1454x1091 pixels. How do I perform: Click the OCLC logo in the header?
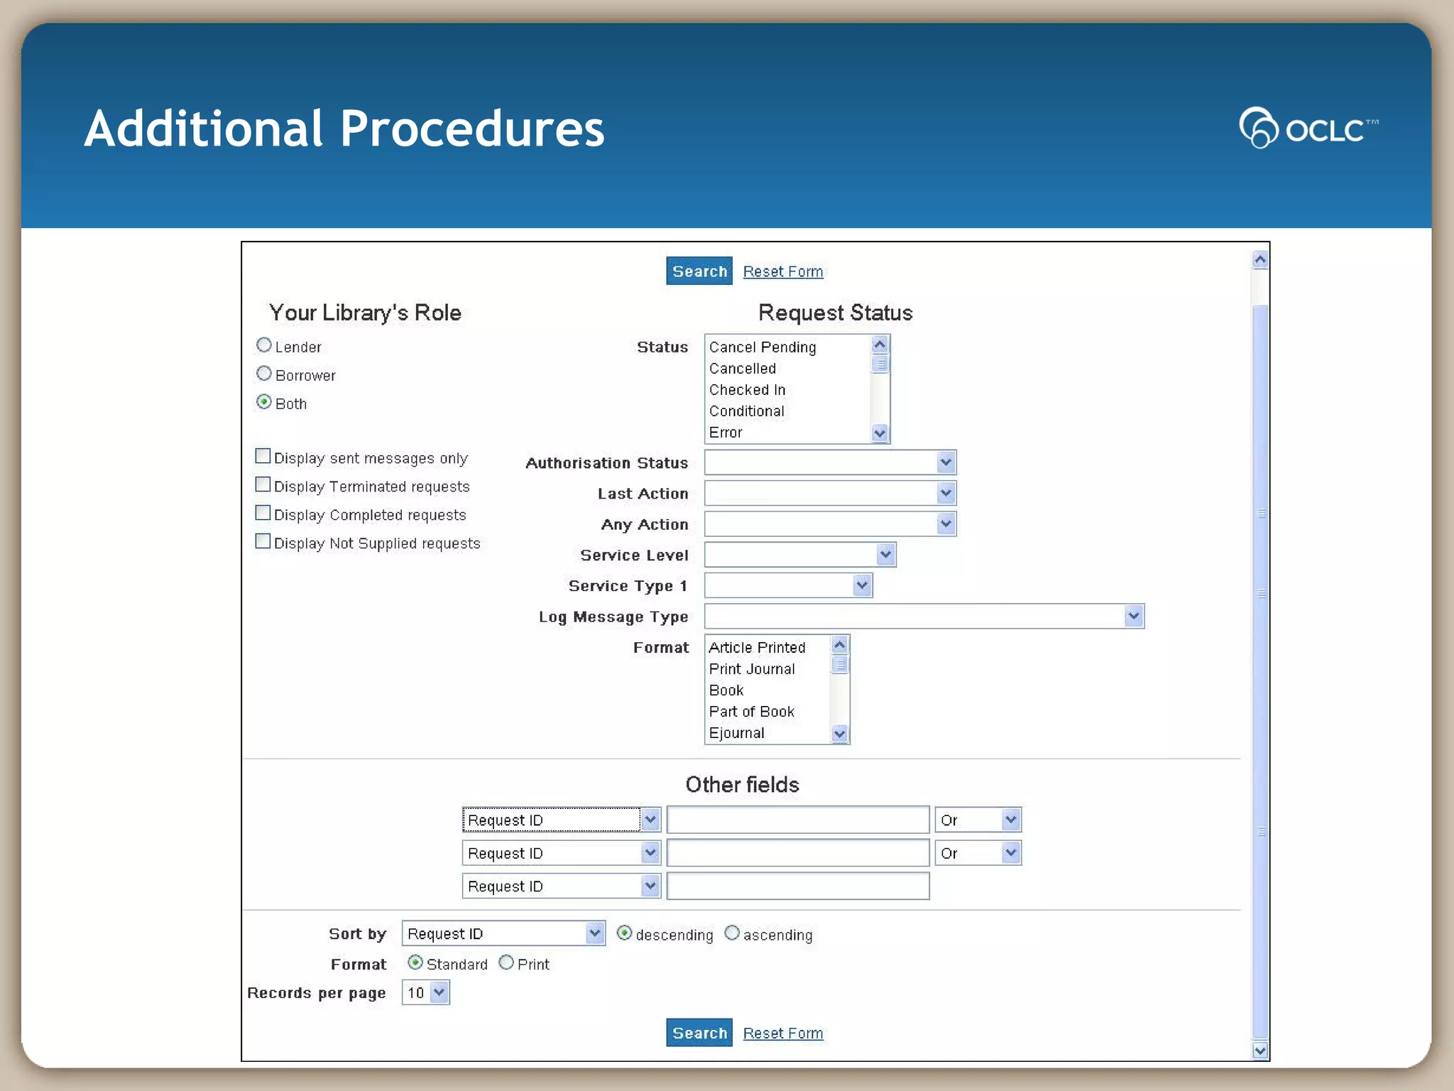tap(1307, 128)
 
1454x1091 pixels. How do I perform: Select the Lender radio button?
tap(264, 345)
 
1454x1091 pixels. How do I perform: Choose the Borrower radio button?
tap(264, 374)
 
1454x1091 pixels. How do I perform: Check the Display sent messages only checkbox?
tap(263, 456)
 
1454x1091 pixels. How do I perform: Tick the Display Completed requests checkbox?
tap(263, 513)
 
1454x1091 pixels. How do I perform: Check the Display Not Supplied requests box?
tap(263, 541)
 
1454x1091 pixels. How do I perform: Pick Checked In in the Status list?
tap(747, 390)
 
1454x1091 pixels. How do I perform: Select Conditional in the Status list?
tap(746, 411)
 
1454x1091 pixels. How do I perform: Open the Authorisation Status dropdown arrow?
tap(945, 462)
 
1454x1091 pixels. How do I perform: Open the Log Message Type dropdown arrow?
tap(1133, 616)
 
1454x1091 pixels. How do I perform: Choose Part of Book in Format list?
tap(751, 712)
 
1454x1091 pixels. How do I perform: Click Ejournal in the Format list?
tap(736, 733)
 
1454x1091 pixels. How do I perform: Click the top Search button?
tap(699, 271)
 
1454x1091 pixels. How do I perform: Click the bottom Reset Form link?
tap(782, 1033)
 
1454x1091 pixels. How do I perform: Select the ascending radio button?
tap(732, 933)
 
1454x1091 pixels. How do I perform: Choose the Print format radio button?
tap(506, 962)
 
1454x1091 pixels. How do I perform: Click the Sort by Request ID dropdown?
tap(503, 933)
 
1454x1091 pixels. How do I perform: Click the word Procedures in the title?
tap(472, 129)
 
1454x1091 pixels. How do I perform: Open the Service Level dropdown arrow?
tap(885, 555)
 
